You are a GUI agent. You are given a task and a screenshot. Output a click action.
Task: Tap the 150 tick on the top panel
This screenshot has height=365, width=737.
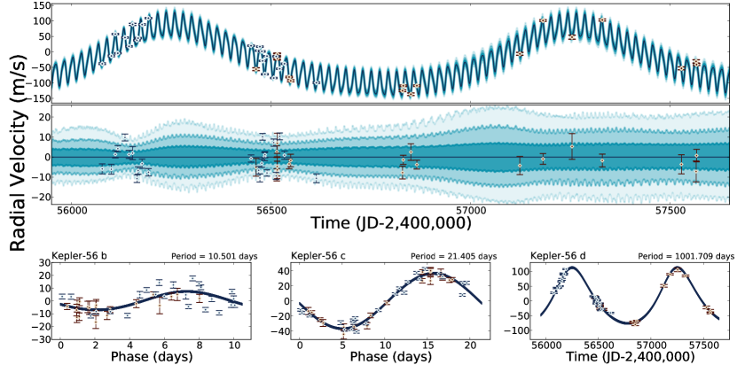coord(38,6)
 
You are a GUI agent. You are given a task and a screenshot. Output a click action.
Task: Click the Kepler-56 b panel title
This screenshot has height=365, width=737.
coord(80,256)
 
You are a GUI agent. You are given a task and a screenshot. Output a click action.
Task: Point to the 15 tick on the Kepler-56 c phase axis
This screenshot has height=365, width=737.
coord(429,345)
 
